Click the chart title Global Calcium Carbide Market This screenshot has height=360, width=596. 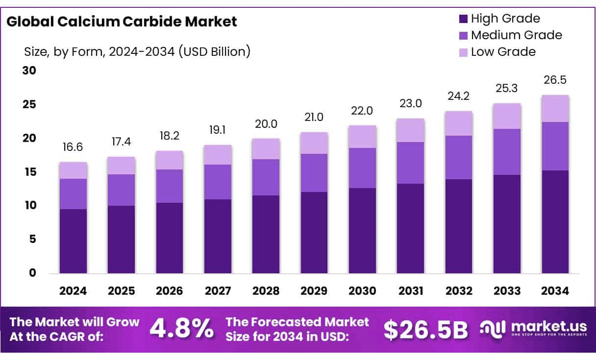(x=122, y=22)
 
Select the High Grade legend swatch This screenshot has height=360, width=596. (x=463, y=19)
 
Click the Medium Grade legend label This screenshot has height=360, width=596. (x=516, y=35)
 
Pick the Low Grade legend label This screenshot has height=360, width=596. (x=503, y=51)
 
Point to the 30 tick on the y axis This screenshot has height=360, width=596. (x=29, y=71)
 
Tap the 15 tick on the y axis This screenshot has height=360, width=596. (x=29, y=172)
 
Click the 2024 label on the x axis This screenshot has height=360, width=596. (x=73, y=291)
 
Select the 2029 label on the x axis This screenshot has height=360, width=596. (x=314, y=291)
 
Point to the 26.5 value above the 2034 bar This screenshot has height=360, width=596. (x=555, y=80)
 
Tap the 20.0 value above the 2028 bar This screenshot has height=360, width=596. (x=266, y=124)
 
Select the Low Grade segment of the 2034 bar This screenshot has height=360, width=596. (x=555, y=109)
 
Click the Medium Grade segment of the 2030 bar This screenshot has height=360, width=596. (x=362, y=168)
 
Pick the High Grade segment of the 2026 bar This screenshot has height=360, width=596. (x=170, y=238)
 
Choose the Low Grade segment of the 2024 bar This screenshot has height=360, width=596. (x=73, y=170)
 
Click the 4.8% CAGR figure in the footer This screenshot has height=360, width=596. (x=181, y=330)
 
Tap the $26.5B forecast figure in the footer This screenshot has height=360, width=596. (x=425, y=330)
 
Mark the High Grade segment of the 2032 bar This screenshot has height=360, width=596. (x=459, y=226)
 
